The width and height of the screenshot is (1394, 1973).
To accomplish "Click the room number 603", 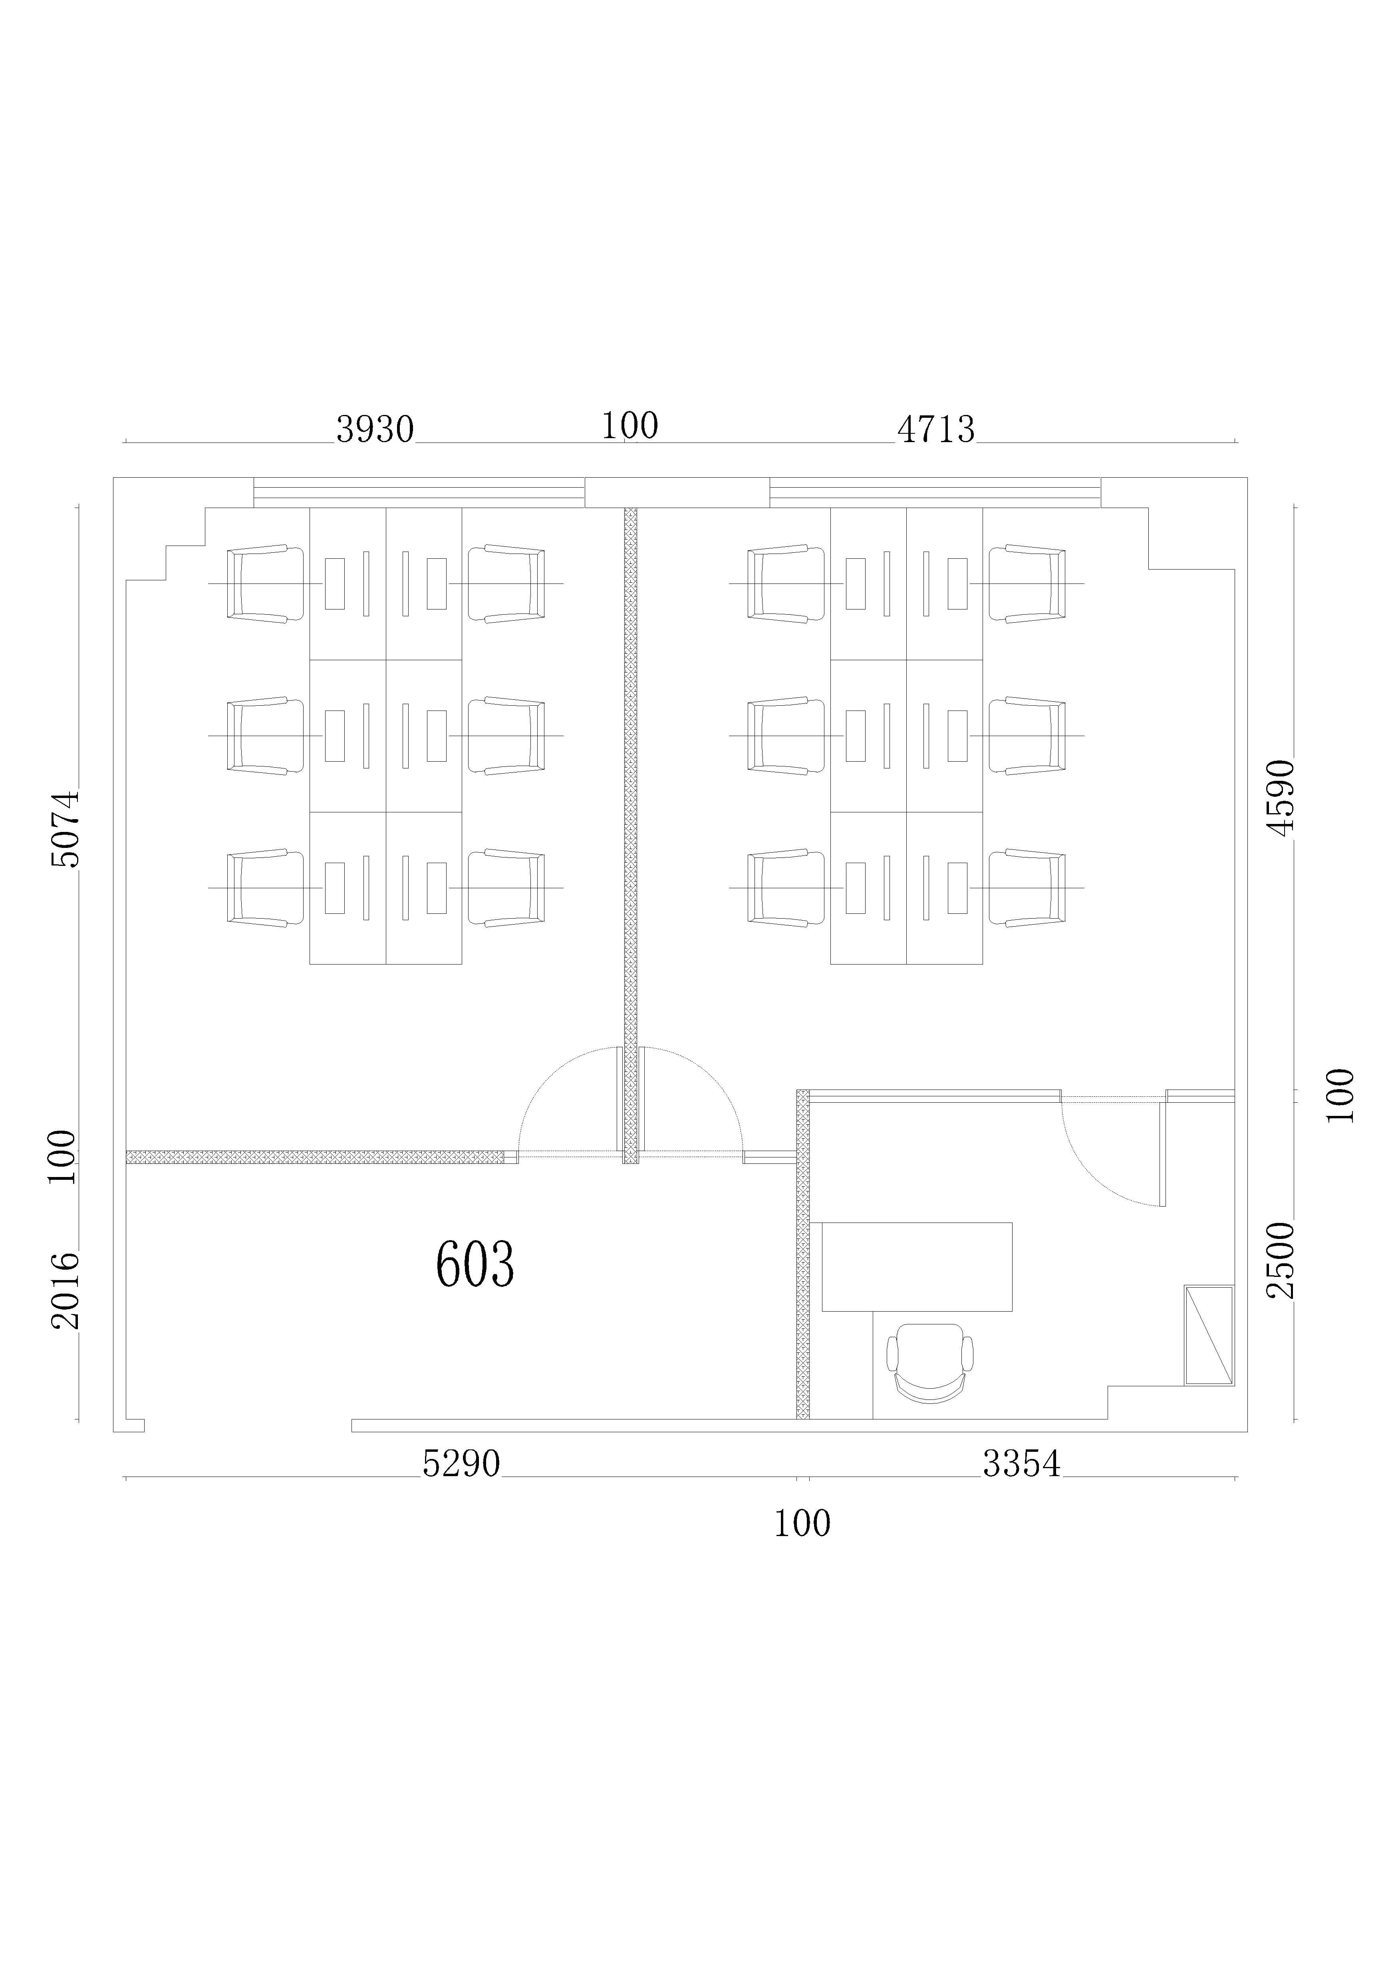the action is [x=475, y=1264].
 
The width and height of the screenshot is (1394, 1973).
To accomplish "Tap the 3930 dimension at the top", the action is [x=375, y=429].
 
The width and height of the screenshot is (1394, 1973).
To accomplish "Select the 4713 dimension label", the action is [x=936, y=429].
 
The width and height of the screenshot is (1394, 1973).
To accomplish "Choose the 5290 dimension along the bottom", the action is [x=461, y=1463].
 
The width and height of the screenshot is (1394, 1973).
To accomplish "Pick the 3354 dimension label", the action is [x=1022, y=1463].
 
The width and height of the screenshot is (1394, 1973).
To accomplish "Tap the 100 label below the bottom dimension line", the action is [x=803, y=1524].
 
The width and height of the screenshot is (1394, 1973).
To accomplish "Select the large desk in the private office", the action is [x=917, y=1266].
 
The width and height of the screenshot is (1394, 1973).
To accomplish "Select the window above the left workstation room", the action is [x=419, y=492].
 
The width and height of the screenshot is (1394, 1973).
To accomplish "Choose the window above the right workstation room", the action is [x=935, y=492].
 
